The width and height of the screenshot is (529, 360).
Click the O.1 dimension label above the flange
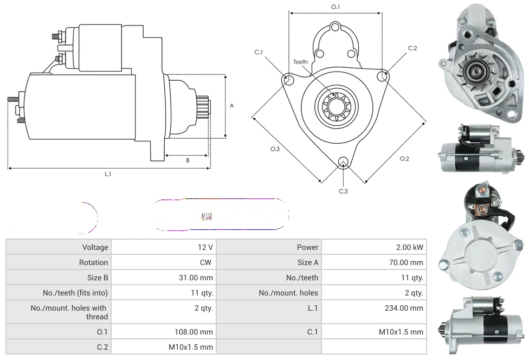coord(336,7)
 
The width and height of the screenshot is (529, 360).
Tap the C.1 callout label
coord(259,52)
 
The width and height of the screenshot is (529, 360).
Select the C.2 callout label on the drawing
coord(412,48)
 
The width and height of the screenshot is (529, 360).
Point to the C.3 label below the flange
coord(343,191)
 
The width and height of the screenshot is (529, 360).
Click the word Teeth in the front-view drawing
coord(300,62)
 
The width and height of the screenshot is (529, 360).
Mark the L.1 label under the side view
coord(108,174)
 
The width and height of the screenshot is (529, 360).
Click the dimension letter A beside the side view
coord(231,106)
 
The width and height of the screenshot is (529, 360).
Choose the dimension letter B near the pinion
coord(188,160)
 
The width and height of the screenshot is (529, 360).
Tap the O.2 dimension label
coord(404,158)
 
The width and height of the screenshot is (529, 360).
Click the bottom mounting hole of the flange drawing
coord(343,162)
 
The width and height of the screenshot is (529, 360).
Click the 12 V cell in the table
coord(205,247)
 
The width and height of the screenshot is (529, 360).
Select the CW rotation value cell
coord(206,262)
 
